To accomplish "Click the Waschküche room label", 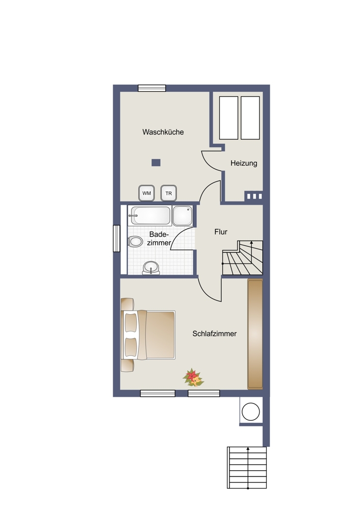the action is (x=163, y=132).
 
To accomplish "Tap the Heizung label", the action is (x=244, y=163).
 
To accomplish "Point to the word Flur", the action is (x=221, y=232).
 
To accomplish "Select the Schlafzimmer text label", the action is (x=214, y=334).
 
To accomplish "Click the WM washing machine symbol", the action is (x=147, y=193).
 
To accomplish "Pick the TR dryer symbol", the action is (x=168, y=193).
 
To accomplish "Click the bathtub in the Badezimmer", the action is (x=150, y=215).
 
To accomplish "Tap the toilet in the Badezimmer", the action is (x=135, y=242).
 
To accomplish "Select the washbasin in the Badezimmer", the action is (x=151, y=268).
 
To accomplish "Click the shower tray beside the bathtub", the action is (x=183, y=215).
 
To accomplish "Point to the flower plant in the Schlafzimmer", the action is (x=193, y=378).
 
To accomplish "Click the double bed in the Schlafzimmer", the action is (x=148, y=335).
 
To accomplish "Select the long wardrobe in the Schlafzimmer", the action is (x=255, y=334).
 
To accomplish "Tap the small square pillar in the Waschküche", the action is (x=156, y=163).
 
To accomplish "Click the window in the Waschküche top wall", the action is (x=152, y=88).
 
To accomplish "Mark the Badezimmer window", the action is (x=116, y=238).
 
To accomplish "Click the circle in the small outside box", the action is (x=251, y=412).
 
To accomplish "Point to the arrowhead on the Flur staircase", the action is (x=251, y=243).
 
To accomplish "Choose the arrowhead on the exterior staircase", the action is (x=248, y=448).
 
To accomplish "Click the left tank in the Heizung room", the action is (x=228, y=118).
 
